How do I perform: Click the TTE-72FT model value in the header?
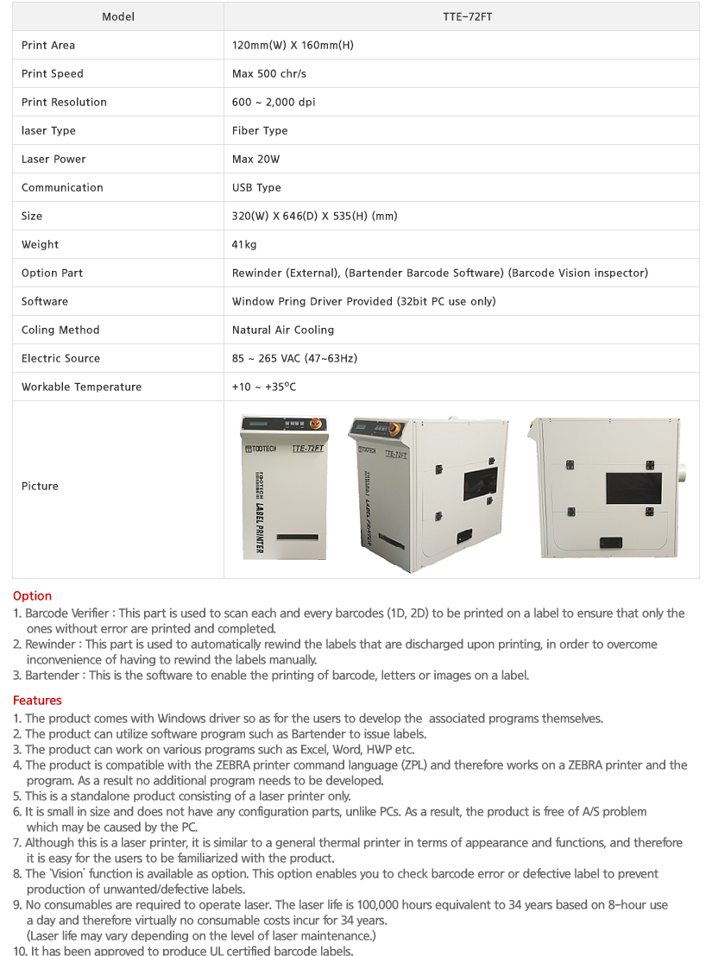point(462,16)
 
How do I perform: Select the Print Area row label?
point(48,45)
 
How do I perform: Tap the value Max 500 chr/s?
point(269,73)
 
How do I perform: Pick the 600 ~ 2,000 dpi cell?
point(274,102)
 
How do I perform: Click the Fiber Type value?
point(260,130)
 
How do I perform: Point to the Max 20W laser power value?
point(255,159)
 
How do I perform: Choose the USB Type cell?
point(256,187)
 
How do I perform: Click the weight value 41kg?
point(244,244)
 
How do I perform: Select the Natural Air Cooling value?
point(283,330)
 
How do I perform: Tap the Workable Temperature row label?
point(81,387)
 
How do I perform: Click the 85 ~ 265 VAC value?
point(294,358)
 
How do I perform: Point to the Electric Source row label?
point(60,358)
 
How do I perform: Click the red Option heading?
point(32,596)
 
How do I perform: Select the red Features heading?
point(37,701)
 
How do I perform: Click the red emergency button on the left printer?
point(315,424)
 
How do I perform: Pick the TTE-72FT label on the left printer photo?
point(306,448)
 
